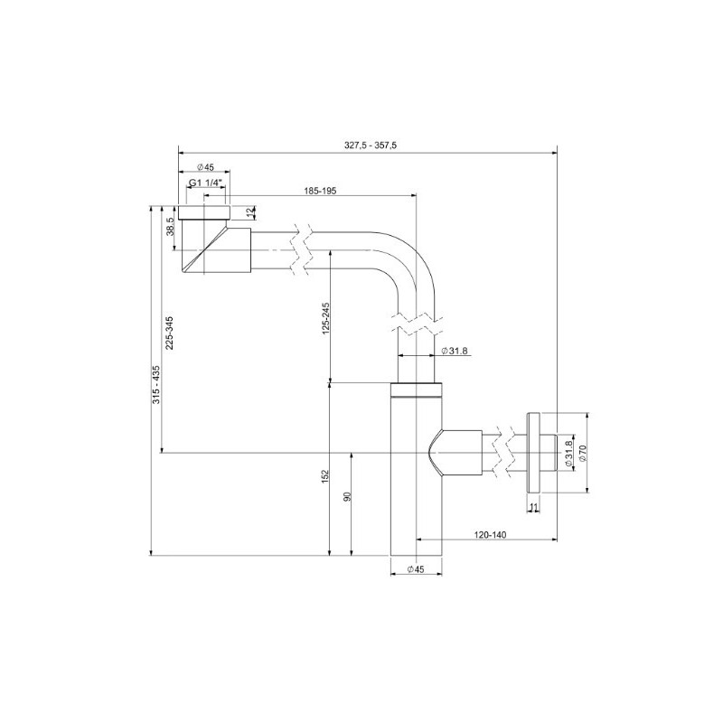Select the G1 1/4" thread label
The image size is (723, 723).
click(206, 183)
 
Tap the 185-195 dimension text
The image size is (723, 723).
click(320, 190)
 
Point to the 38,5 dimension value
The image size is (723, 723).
click(169, 226)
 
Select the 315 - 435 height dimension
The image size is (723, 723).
click(155, 384)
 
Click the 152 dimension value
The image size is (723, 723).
click(325, 476)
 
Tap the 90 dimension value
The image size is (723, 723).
click(347, 499)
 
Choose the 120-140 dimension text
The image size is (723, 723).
click(488, 535)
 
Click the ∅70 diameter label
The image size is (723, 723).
click(583, 453)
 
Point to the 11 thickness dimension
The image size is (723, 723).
click(533, 508)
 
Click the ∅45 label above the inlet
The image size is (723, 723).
click(204, 167)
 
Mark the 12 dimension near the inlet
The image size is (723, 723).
click(250, 213)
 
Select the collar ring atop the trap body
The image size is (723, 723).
click(416, 390)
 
